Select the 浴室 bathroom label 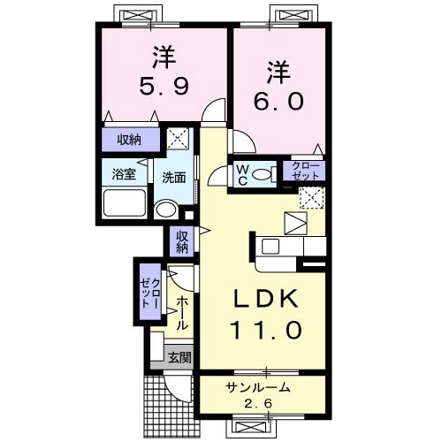pos(123,174)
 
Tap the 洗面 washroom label pos(173,176)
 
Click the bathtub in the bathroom pos(125,202)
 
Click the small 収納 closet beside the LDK pos(181,240)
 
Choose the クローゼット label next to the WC pos(302,171)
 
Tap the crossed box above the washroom pos(179,138)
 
